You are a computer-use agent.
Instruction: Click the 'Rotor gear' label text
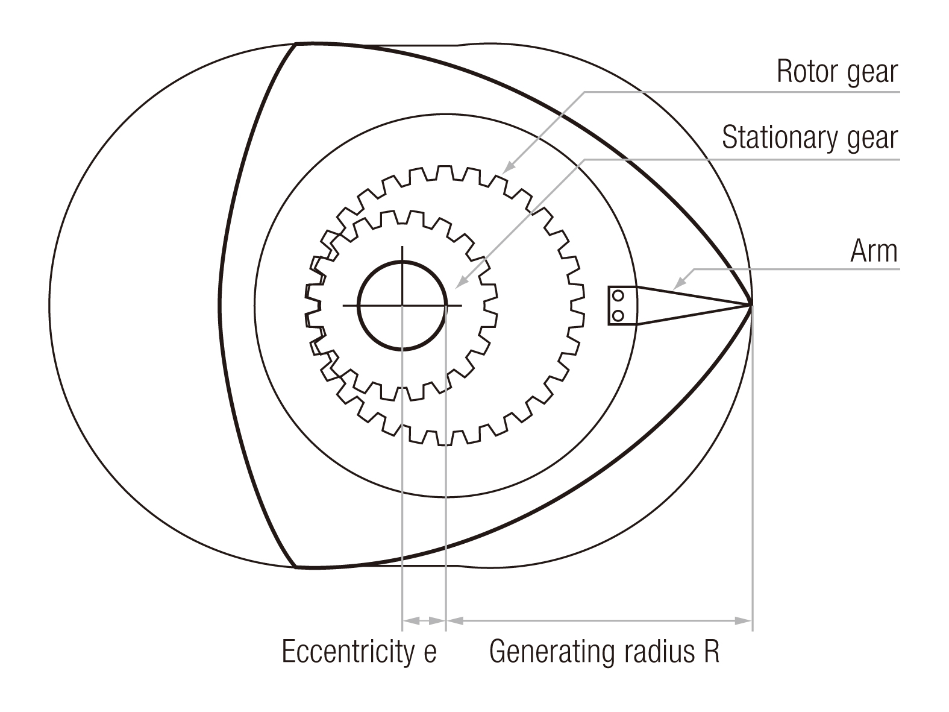(836, 72)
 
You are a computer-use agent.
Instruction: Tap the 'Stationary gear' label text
(809, 138)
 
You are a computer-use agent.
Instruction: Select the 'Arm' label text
(873, 251)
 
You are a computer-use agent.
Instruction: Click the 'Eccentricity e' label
(359, 652)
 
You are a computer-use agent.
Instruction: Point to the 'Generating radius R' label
(604, 652)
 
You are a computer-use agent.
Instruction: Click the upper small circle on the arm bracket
(618, 295)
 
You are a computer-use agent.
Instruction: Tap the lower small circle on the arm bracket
(618, 315)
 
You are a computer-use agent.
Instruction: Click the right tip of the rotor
(751, 305)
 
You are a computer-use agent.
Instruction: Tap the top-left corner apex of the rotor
(296, 44)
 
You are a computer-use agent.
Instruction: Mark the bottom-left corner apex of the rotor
(296, 567)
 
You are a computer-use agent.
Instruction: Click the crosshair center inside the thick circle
(402, 306)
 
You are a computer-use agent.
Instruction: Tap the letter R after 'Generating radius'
(711, 652)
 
